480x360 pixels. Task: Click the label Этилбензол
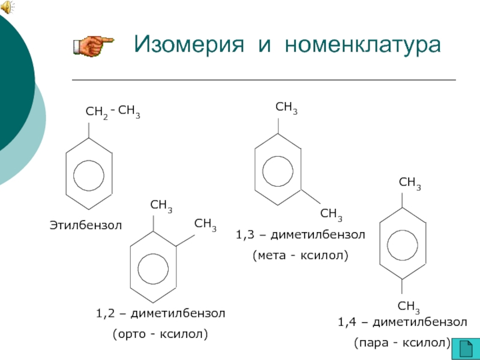click(x=85, y=226)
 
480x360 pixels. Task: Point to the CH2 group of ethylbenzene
click(x=97, y=112)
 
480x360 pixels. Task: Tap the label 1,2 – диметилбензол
click(x=160, y=313)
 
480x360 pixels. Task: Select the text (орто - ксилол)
click(x=160, y=333)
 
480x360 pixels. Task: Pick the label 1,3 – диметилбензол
click(x=301, y=235)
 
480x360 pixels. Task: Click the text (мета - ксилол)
click(x=301, y=255)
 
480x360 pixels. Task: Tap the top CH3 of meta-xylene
click(x=286, y=108)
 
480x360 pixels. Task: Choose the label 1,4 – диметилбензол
click(x=402, y=322)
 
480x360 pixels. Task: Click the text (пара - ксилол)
click(x=402, y=343)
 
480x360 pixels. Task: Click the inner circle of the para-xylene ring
click(x=402, y=244)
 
